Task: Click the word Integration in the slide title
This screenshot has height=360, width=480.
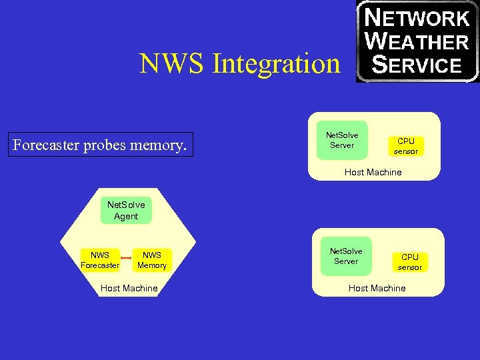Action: pyautogui.click(x=276, y=64)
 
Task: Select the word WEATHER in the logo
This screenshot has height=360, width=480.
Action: pyautogui.click(x=418, y=42)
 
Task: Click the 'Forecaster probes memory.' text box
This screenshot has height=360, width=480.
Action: pyautogui.click(x=101, y=144)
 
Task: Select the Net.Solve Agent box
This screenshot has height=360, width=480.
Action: pyautogui.click(x=126, y=211)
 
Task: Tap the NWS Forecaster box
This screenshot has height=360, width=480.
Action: pyautogui.click(x=100, y=260)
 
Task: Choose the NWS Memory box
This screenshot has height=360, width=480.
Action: pyautogui.click(x=152, y=260)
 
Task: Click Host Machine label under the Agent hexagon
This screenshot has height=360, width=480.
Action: pyautogui.click(x=129, y=288)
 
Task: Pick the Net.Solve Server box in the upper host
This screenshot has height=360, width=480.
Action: pyautogui.click(x=342, y=140)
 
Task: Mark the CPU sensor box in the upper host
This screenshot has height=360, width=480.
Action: pyautogui.click(x=406, y=146)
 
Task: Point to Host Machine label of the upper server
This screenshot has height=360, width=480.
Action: pyautogui.click(x=373, y=172)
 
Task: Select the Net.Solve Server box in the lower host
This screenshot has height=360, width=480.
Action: pyautogui.click(x=346, y=256)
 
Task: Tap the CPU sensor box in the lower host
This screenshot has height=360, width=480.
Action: pyautogui.click(x=410, y=262)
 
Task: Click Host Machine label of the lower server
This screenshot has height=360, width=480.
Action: pyautogui.click(x=377, y=288)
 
